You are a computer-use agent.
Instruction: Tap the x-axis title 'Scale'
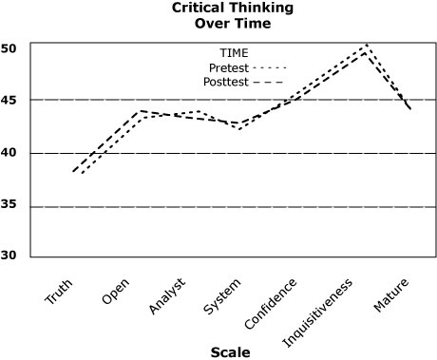pyautogui.click(x=230, y=351)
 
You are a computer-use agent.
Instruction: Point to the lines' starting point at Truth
pyautogui.click(x=75, y=172)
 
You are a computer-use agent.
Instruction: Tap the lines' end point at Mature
pyautogui.click(x=410, y=110)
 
